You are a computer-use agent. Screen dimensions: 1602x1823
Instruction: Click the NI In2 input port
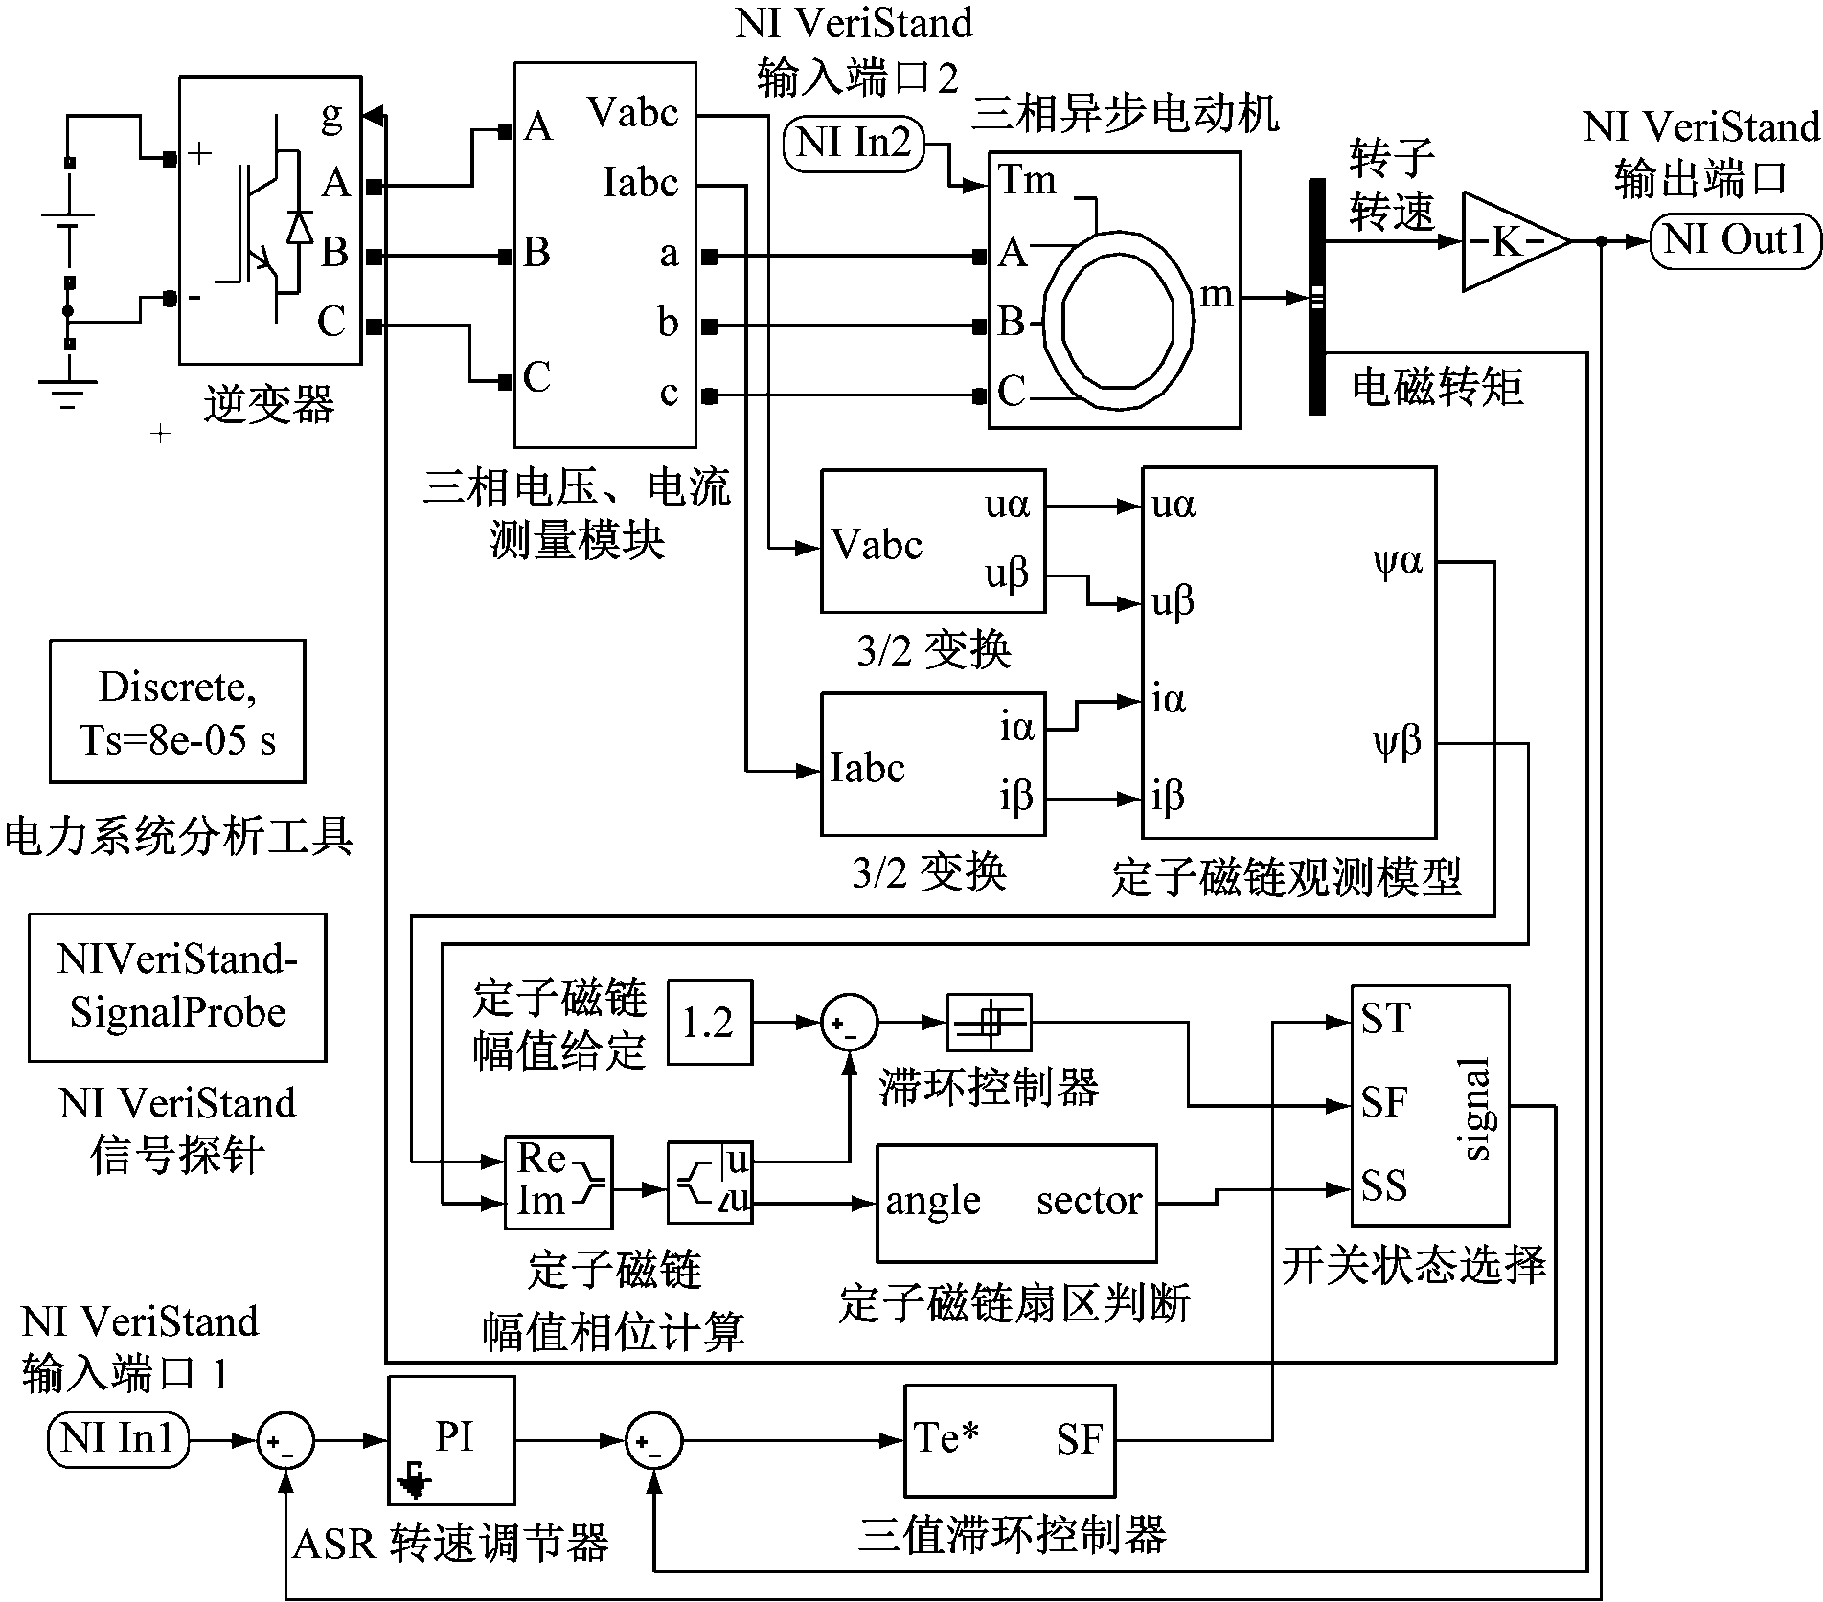[x=854, y=145]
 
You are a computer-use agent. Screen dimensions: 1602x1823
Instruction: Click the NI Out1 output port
[x=1734, y=240]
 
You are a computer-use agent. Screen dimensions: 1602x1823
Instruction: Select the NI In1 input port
[x=118, y=1439]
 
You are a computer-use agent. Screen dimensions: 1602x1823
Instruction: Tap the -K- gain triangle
[x=1512, y=241]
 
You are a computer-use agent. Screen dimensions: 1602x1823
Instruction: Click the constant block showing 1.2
[x=709, y=1023]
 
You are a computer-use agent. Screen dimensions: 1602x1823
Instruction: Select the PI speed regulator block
[x=451, y=1440]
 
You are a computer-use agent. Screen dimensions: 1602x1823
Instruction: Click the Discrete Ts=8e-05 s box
[x=177, y=711]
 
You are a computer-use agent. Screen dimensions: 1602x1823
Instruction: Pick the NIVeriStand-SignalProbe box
[x=177, y=987]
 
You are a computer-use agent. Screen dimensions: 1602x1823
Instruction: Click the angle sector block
[x=1016, y=1202]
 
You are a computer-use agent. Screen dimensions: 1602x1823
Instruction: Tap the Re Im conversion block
[x=558, y=1183]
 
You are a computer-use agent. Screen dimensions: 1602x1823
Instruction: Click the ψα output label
[x=1398, y=561]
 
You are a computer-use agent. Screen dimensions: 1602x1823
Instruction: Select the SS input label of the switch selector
[x=1384, y=1186]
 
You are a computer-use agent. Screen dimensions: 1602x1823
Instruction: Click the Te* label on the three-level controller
[x=946, y=1437]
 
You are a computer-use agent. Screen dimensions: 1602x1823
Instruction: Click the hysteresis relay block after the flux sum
[x=989, y=1023]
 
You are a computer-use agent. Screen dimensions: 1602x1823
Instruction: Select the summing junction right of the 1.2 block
[x=849, y=1023]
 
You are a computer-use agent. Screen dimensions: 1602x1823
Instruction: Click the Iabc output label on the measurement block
[x=641, y=183]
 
